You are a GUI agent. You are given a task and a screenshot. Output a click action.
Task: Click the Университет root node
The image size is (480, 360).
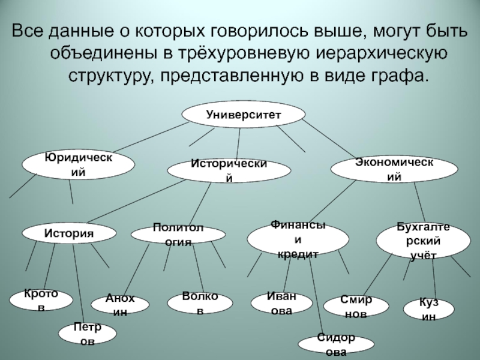click(x=244, y=113)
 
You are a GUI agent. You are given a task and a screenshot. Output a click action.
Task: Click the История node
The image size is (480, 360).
click(x=69, y=233)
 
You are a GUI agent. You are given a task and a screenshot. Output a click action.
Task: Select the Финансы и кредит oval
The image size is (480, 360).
click(x=298, y=240)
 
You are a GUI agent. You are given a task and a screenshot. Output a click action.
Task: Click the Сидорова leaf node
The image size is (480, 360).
click(x=336, y=344)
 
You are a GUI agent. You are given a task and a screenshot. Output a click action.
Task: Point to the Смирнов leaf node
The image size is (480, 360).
click(x=356, y=305)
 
